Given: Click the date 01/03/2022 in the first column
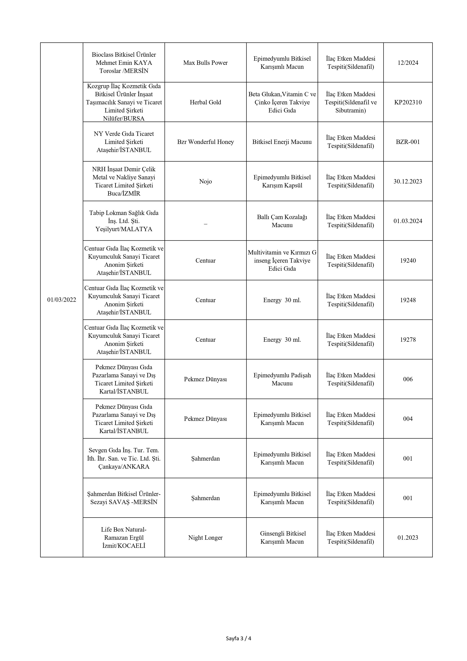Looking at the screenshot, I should pyautogui.click(x=62, y=300).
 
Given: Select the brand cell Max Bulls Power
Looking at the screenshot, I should pyautogui.click(x=205, y=63).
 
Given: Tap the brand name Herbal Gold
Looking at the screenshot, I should pyautogui.click(x=205, y=102).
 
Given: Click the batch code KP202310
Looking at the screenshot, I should pyautogui.click(x=408, y=102).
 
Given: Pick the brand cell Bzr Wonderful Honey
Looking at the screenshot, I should pyautogui.click(x=205, y=142).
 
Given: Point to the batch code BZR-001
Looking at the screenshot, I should pyautogui.click(x=408, y=142).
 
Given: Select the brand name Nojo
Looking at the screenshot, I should pyautogui.click(x=205, y=181).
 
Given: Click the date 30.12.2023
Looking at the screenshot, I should pyautogui.click(x=408, y=181).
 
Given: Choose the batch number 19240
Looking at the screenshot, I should pyautogui.click(x=408, y=261).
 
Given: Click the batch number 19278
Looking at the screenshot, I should pyautogui.click(x=408, y=340).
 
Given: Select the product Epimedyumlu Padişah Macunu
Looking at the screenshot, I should pyautogui.click(x=282, y=379).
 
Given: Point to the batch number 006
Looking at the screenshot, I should pyautogui.click(x=408, y=379).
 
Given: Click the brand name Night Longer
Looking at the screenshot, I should pyautogui.click(x=205, y=537).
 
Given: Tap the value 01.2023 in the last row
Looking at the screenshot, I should pyautogui.click(x=408, y=537).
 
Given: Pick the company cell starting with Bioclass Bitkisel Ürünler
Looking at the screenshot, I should pyautogui.click(x=124, y=63).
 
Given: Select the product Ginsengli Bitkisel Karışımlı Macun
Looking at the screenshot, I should pyautogui.click(x=282, y=537).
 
